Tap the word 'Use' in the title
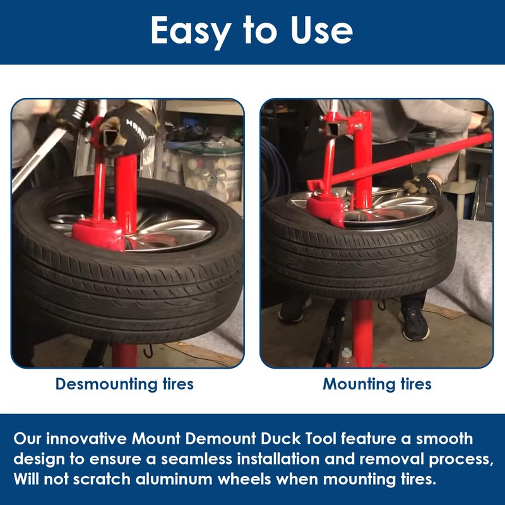(x=321, y=30)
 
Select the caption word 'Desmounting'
(x=106, y=384)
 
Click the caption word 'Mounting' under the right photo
(x=359, y=384)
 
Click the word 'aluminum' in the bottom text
(x=174, y=479)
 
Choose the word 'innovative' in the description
(x=86, y=439)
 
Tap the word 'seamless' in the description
(x=196, y=459)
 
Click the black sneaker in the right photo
(x=414, y=323)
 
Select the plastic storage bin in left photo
(x=211, y=174)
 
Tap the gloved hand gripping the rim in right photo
(x=422, y=184)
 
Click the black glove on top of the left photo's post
(x=129, y=129)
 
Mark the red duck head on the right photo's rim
(x=326, y=210)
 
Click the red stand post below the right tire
(x=362, y=333)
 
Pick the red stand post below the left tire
(x=124, y=355)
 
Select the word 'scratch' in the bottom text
(x=102, y=479)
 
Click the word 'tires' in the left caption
(x=178, y=384)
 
